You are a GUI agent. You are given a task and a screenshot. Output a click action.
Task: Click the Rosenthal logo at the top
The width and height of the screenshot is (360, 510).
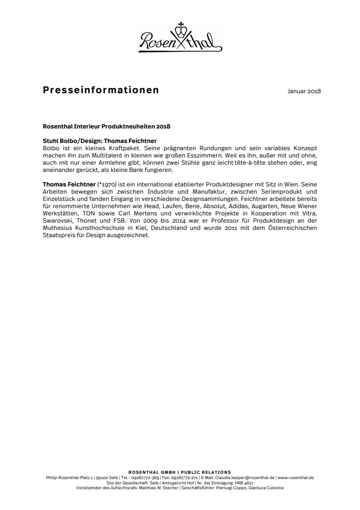(x=180, y=38)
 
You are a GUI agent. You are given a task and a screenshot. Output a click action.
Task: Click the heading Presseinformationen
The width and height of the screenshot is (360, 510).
(x=101, y=90)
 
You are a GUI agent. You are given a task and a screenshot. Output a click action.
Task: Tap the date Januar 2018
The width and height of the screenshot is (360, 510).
(x=301, y=91)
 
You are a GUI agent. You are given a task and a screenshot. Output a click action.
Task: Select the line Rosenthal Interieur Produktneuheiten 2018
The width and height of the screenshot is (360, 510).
(x=107, y=127)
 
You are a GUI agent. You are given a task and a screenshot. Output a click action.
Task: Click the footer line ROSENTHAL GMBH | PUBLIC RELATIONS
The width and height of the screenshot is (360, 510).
(x=180, y=472)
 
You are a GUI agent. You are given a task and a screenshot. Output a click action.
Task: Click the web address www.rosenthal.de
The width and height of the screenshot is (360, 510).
(x=296, y=477)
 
